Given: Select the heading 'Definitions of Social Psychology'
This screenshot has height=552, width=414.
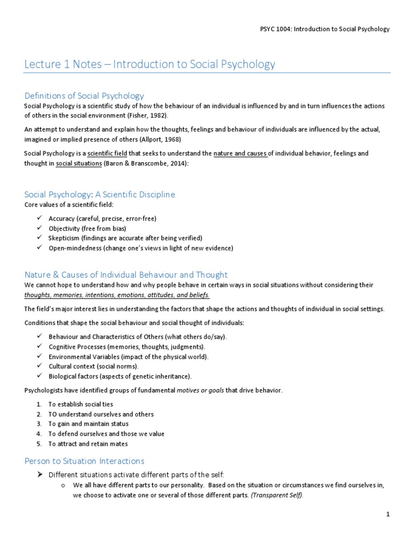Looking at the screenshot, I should point(84,96).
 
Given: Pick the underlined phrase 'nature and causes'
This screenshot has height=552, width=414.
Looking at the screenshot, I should point(240,154).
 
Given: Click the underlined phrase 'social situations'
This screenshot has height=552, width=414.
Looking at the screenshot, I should point(79,163).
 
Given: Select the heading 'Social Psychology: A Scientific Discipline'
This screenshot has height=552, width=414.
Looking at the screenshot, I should point(100,194).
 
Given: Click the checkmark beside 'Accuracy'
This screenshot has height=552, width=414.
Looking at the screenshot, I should point(40,218).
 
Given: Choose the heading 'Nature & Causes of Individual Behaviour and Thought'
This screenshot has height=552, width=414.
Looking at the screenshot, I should point(126,274).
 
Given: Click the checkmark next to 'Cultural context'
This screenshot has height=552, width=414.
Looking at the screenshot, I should point(40,366).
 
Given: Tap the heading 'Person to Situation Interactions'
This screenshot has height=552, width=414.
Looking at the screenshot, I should point(84,461).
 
